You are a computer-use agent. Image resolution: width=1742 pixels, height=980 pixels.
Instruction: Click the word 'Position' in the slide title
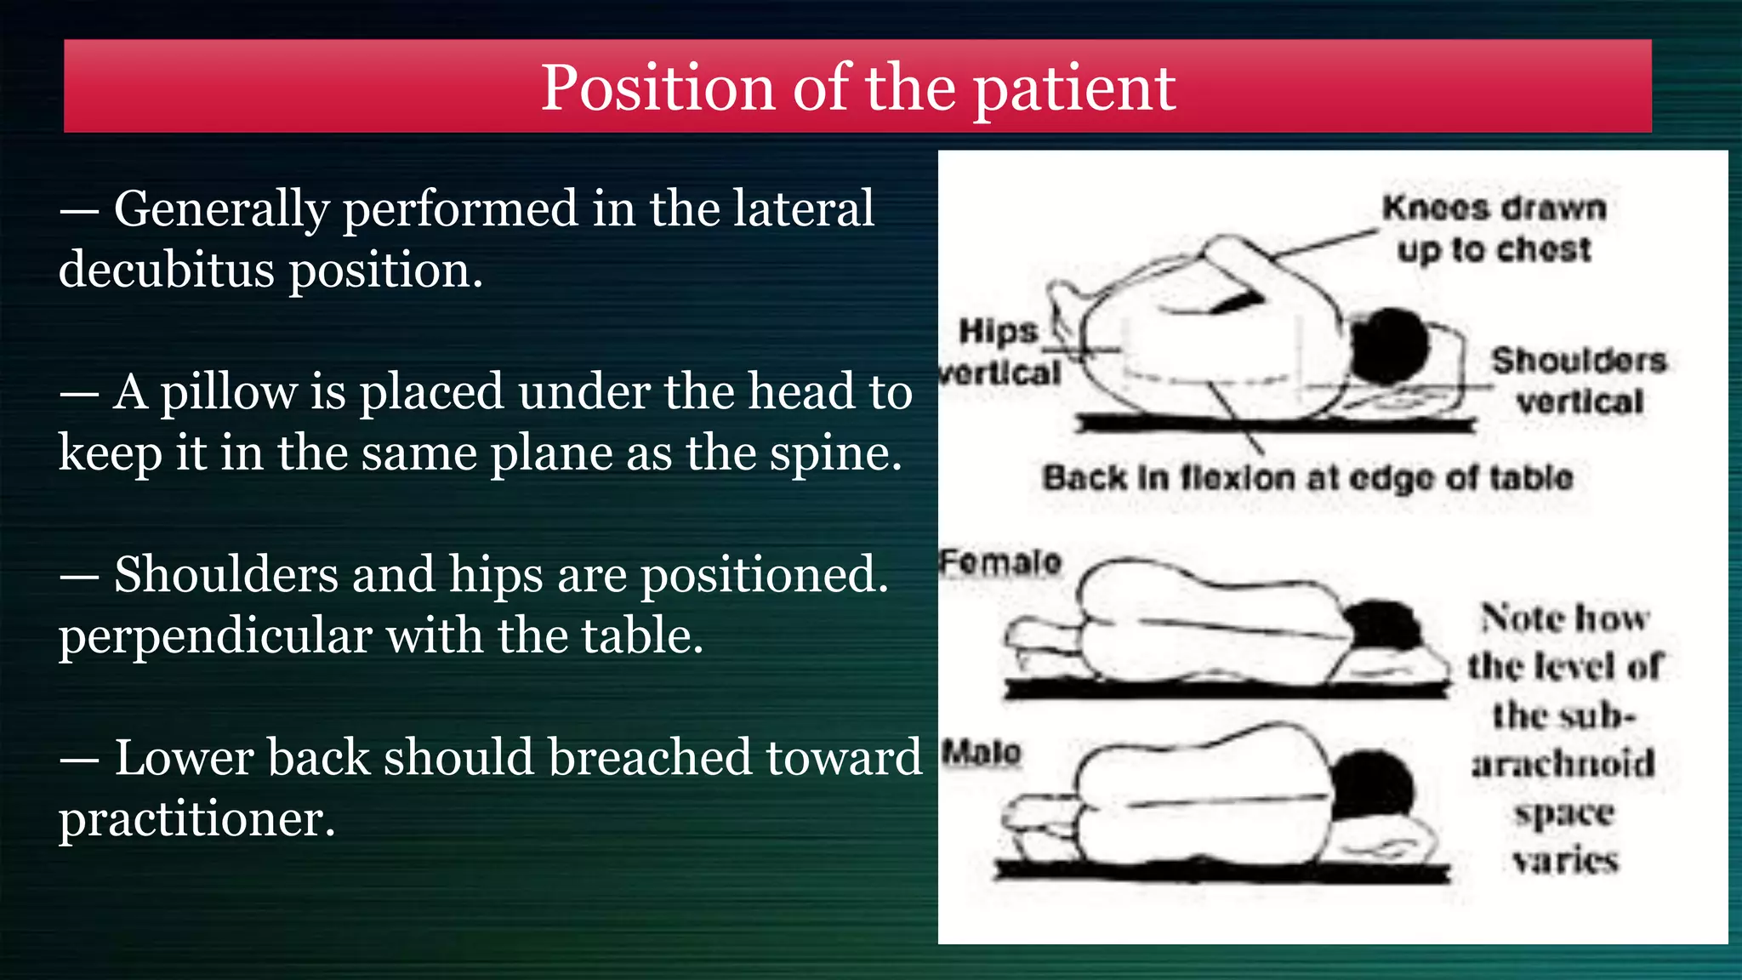point(658,88)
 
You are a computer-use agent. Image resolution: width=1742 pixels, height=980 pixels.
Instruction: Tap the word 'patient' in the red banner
point(1074,88)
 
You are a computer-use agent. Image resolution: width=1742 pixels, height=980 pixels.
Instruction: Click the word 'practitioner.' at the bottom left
point(197,819)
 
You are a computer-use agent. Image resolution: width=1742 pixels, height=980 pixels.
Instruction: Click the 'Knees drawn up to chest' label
point(1494,229)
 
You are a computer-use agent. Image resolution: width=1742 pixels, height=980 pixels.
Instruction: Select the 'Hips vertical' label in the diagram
point(1000,351)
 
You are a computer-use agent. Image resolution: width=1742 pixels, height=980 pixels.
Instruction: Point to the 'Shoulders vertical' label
point(1580,380)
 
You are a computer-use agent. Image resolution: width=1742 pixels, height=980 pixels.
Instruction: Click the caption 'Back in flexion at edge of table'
point(1307,478)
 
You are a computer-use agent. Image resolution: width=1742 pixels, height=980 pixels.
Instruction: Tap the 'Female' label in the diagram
point(1001,562)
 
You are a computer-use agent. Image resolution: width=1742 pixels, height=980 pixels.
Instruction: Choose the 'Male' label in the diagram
point(982,752)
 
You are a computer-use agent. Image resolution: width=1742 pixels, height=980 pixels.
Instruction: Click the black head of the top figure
point(1388,345)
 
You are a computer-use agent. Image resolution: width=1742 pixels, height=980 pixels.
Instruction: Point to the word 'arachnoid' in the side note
point(1564,763)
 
